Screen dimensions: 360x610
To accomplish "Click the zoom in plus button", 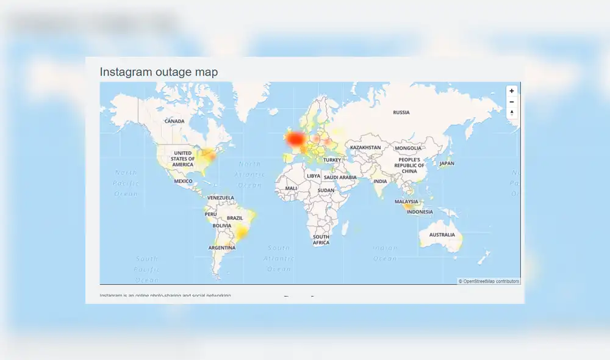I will click(512, 91).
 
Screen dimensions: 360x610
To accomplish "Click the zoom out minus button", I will click(512, 102).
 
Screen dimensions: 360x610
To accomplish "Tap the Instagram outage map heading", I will click(159, 72).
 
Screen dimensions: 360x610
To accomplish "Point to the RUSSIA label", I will click(401, 112).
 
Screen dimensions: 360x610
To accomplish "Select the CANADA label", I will click(174, 121).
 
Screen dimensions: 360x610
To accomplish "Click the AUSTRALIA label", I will click(442, 235).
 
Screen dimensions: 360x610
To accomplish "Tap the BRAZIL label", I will click(235, 218).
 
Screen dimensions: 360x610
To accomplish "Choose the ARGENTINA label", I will click(221, 248).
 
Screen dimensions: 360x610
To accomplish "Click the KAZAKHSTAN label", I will click(365, 148).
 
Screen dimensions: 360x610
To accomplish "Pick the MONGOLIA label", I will click(408, 148).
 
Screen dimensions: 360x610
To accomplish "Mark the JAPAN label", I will click(447, 164).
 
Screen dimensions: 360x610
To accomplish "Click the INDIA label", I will click(380, 181).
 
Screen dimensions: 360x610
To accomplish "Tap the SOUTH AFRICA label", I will click(321, 240).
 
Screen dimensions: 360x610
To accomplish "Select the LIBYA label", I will click(314, 176).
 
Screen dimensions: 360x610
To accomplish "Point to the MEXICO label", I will click(183, 181).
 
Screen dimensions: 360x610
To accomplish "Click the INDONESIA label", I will click(420, 212).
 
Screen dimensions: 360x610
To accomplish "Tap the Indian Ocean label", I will click(385, 253).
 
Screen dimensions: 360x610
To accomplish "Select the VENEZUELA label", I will click(221, 198).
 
